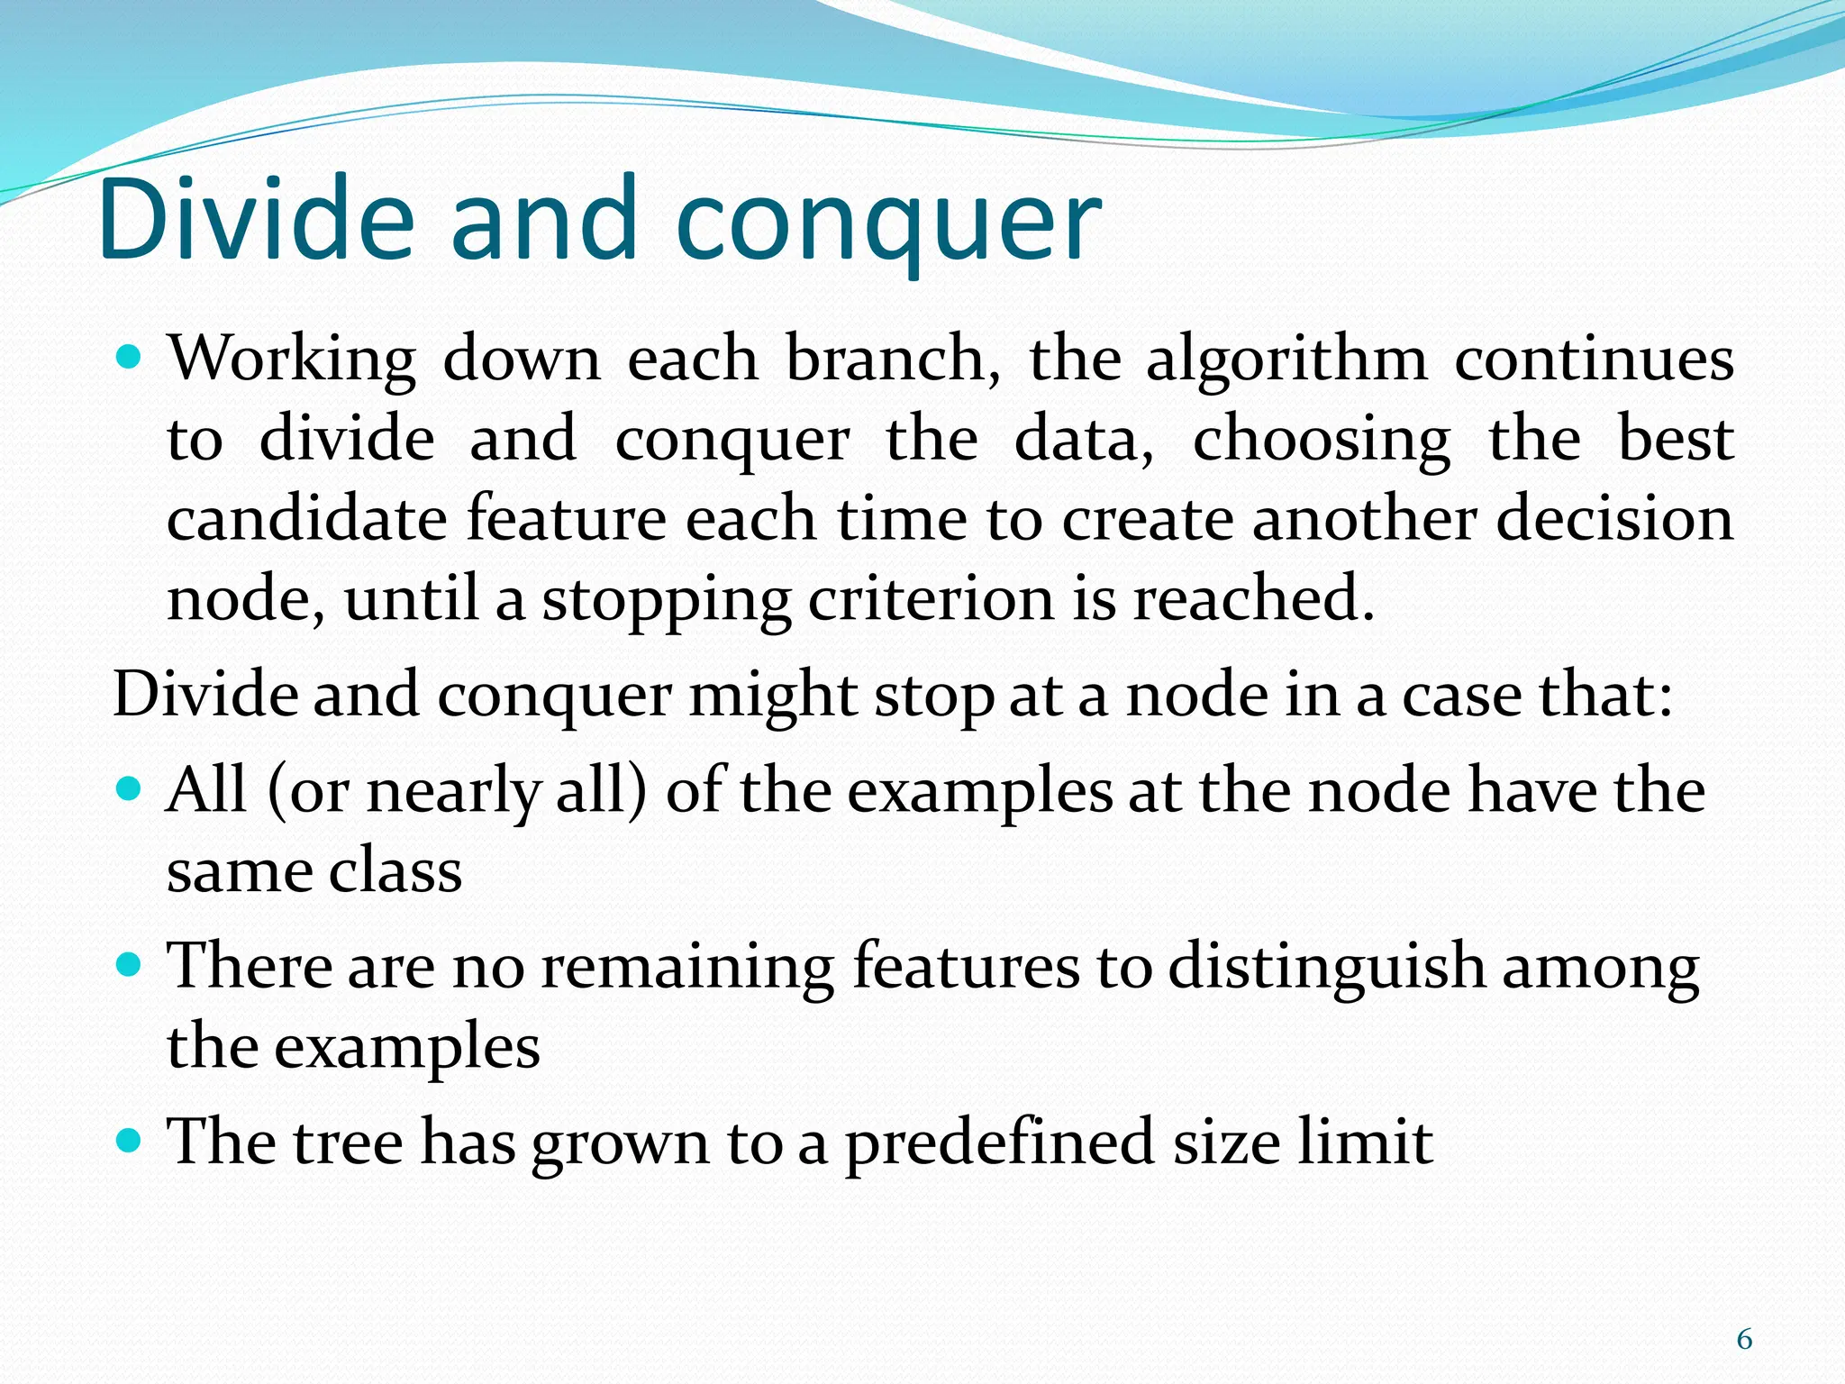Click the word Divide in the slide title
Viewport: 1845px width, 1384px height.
click(x=257, y=219)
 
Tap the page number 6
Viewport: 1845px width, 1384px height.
click(x=1744, y=1340)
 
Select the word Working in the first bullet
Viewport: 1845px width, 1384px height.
click(x=293, y=360)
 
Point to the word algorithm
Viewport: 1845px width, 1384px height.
click(x=1286, y=360)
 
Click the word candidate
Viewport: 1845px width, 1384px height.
click(x=306, y=520)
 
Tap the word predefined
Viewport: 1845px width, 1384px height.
click(x=999, y=1143)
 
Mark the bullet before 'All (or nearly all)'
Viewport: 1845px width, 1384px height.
click(x=131, y=790)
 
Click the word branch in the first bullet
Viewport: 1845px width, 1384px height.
click(x=892, y=360)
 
